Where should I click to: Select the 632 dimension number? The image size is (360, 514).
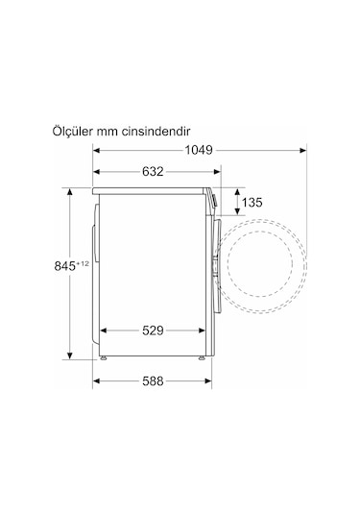click(x=153, y=172)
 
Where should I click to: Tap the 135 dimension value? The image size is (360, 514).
click(x=251, y=203)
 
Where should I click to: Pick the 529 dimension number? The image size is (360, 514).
click(x=153, y=330)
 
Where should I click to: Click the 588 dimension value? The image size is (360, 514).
click(x=152, y=381)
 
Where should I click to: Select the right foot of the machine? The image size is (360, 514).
click(x=200, y=357)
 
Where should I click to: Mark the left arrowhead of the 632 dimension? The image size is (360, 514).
click(x=97, y=173)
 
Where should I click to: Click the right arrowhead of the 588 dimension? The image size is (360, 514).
click(x=207, y=381)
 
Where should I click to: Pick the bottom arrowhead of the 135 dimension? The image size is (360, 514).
click(x=231, y=218)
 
